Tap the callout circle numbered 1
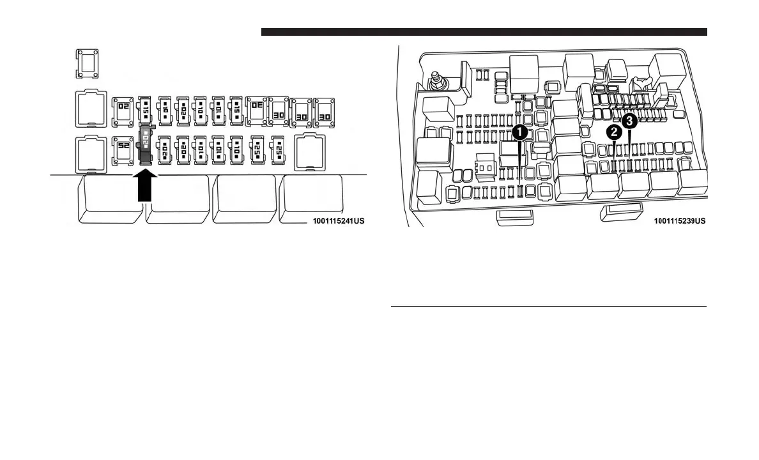coord(520,132)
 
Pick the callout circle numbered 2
coord(615,132)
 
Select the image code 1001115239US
coord(679,221)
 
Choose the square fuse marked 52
coord(122,148)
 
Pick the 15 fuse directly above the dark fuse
coord(146,109)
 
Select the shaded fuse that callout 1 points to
coord(520,190)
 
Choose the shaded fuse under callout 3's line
coord(630,165)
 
